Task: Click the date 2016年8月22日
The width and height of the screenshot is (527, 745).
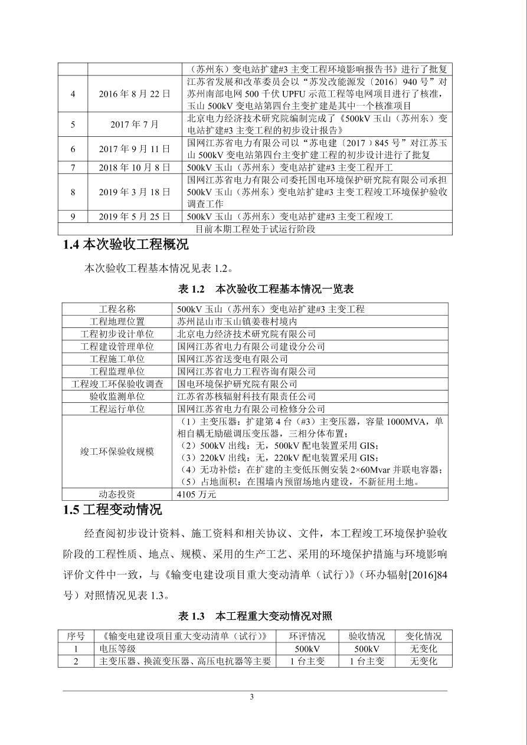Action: [135, 94]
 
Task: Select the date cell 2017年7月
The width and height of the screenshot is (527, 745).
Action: [135, 124]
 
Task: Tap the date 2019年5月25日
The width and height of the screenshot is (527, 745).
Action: [135, 216]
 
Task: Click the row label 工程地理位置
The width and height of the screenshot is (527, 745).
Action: [117, 321]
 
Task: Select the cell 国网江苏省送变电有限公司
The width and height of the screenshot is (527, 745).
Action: [233, 359]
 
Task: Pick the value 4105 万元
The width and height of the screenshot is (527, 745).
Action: [197, 494]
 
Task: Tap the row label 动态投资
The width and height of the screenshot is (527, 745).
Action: [117, 494]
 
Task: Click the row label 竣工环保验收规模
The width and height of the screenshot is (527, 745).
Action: [117, 452]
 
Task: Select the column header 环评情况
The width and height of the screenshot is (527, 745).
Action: [307, 636]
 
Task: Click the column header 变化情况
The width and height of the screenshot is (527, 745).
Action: [423, 636]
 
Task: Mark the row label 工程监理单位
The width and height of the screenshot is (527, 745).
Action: [117, 372]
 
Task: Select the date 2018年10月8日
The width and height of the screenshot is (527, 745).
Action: [135, 168]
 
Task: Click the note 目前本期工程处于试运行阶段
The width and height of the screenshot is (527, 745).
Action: [255, 229]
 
